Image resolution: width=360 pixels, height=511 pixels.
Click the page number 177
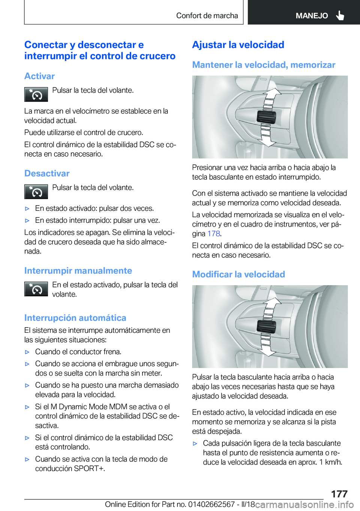coord(339,493)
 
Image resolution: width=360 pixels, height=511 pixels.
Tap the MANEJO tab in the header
coord(311,16)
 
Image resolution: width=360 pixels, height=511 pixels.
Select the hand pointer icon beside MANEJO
coord(340,15)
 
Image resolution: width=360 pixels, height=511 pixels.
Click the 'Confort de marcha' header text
coord(207,16)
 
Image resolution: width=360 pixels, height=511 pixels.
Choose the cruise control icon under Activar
coord(36,95)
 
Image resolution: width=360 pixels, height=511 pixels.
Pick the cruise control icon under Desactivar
coord(36,192)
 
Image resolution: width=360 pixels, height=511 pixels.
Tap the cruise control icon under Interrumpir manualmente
coord(36,289)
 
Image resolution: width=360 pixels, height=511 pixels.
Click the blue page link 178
coord(213,234)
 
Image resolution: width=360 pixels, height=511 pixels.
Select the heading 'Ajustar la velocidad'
coord(238,45)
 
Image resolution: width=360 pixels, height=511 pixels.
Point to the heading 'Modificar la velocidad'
coord(238,274)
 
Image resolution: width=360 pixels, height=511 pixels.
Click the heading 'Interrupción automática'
coord(75,318)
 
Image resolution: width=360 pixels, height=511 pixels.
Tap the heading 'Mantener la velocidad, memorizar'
coord(264,65)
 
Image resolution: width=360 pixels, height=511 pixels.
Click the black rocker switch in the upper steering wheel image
coord(266,117)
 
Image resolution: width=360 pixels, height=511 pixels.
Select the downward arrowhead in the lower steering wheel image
coord(267,352)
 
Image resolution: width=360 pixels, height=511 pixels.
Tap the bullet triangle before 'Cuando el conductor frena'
coord(27,352)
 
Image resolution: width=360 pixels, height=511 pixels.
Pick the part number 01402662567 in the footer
coord(211,505)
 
